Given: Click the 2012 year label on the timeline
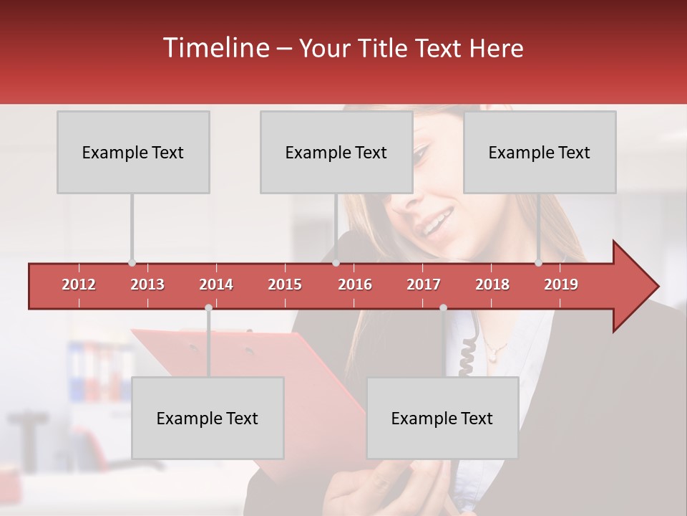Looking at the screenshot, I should pyautogui.click(x=79, y=285).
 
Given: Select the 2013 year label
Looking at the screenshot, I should pyautogui.click(x=147, y=285).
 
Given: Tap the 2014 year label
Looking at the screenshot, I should pyautogui.click(x=216, y=285).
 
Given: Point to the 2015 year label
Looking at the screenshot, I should pyautogui.click(x=285, y=285).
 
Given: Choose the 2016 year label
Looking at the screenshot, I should pyautogui.click(x=355, y=285).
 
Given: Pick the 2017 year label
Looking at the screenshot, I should pyautogui.click(x=424, y=285).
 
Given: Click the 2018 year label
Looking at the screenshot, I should pyautogui.click(x=492, y=285).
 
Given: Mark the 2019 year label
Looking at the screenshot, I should pyautogui.click(x=561, y=285).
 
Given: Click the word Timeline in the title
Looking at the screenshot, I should pyautogui.click(x=215, y=48).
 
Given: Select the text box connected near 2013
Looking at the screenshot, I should pyautogui.click(x=133, y=152).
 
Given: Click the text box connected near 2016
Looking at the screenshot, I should pyautogui.click(x=336, y=152).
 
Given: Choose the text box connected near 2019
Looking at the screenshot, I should pyautogui.click(x=540, y=152).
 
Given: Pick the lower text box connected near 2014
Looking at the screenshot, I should pyautogui.click(x=208, y=418).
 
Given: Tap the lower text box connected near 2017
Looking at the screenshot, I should pyautogui.click(x=442, y=418).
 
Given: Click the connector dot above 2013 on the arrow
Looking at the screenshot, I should pyautogui.click(x=132, y=263).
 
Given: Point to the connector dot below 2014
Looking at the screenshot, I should pyautogui.click(x=208, y=308).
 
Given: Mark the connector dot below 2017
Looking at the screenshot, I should pyautogui.click(x=443, y=308).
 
